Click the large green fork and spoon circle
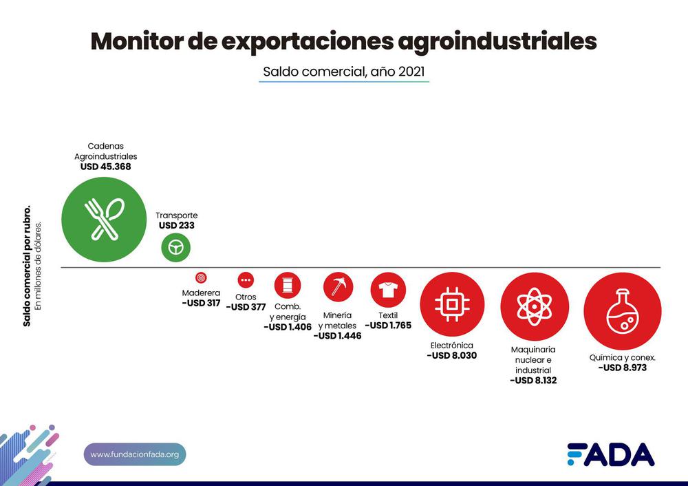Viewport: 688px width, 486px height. click(103, 220)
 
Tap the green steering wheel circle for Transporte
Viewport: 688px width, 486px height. click(176, 248)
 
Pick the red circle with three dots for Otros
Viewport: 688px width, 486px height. click(246, 280)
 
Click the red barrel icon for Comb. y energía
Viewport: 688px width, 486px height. click(288, 285)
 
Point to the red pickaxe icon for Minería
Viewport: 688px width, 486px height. click(338, 286)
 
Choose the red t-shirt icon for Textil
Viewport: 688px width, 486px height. click(388, 289)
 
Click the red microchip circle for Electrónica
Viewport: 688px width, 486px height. click(452, 304)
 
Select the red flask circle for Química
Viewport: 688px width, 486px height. click(622, 310)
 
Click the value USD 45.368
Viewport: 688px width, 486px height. click(105, 167)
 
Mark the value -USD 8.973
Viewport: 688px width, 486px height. click(622, 368)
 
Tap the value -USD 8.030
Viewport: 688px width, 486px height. click(451, 356)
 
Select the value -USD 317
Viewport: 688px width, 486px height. click(201, 303)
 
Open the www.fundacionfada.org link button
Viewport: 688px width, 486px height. click(135, 454)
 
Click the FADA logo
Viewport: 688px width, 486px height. click(610, 454)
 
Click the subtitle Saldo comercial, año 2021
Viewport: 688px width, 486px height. click(343, 71)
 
